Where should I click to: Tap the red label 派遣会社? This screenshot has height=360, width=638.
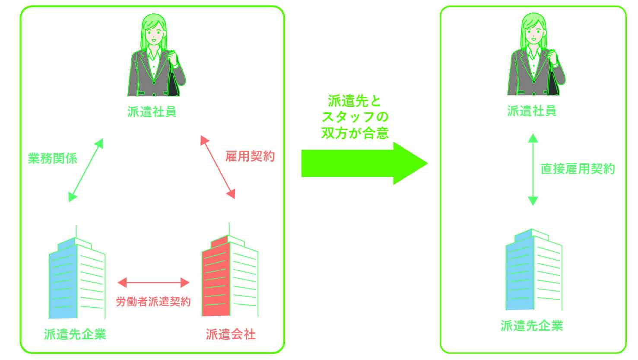click(231, 334)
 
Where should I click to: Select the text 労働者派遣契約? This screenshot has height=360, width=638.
click(153, 301)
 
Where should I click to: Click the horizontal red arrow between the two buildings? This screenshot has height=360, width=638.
click(153, 283)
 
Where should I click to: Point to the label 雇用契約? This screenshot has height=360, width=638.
click(250, 156)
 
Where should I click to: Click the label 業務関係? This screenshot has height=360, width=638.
click(52, 158)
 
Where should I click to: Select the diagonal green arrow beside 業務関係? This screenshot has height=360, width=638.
click(86, 170)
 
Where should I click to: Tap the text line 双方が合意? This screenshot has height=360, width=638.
click(355, 133)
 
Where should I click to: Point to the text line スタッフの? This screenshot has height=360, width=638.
click(355, 117)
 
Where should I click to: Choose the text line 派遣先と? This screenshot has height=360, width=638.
click(355, 101)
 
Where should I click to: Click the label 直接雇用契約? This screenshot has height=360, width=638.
click(578, 169)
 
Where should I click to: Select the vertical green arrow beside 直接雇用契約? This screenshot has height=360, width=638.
click(533, 169)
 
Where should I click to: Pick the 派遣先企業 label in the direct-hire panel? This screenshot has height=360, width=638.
click(532, 325)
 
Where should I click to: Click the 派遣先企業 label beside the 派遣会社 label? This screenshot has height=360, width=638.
click(75, 334)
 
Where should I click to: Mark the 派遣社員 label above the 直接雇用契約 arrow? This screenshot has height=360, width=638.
click(532, 111)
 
